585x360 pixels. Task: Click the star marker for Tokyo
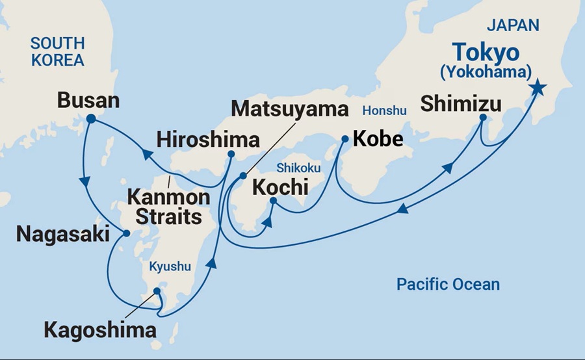point(538,88)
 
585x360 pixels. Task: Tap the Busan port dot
point(91,118)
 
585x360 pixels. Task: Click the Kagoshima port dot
point(157,292)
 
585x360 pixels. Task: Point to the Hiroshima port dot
point(231,155)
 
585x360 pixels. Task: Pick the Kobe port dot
point(345,138)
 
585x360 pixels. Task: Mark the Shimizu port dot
point(483,118)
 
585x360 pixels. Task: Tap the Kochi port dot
point(273,201)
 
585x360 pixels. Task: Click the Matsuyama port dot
point(243,175)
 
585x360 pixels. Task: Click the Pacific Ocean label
point(448,284)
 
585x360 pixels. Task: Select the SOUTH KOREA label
point(58,53)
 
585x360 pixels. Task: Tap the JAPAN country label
point(514,25)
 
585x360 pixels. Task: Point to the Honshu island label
point(384,110)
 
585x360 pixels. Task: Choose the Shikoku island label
point(298,168)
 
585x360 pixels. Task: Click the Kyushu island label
point(170,266)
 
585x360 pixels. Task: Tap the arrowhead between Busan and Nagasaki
point(84,181)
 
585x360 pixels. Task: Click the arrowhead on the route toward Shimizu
point(448,169)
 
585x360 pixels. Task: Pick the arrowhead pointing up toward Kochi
point(267,224)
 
